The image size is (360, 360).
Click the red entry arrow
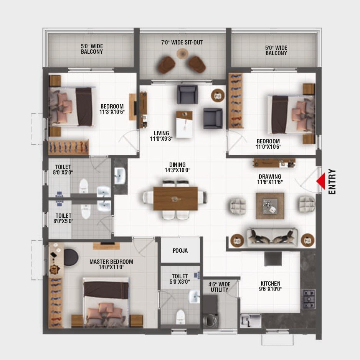321,181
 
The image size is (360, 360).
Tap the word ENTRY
332,182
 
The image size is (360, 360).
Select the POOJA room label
180,250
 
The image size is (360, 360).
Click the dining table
176,198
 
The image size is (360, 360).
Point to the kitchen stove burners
308,299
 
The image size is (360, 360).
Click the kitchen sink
251,321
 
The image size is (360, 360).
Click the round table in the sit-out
182,54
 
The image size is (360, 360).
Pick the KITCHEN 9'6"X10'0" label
270,286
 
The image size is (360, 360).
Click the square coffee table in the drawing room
270,206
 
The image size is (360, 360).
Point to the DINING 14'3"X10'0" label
177,168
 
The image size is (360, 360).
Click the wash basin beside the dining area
120,176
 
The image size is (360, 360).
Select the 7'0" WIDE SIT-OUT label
182,43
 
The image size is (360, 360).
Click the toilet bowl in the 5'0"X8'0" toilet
180,317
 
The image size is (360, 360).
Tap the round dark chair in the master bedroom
71,257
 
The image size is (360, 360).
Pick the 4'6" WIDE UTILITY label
219,287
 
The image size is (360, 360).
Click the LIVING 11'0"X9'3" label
161,136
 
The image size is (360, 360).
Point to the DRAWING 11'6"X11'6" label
270,179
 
